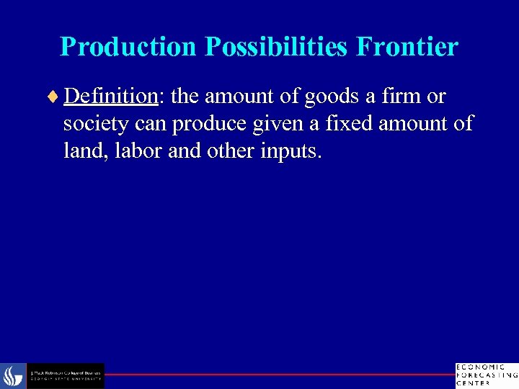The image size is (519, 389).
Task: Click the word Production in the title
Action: (x=128, y=47)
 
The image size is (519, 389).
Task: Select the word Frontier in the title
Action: (x=412, y=47)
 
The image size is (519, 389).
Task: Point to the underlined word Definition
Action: (x=110, y=96)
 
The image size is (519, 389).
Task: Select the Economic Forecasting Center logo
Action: (x=486, y=375)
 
